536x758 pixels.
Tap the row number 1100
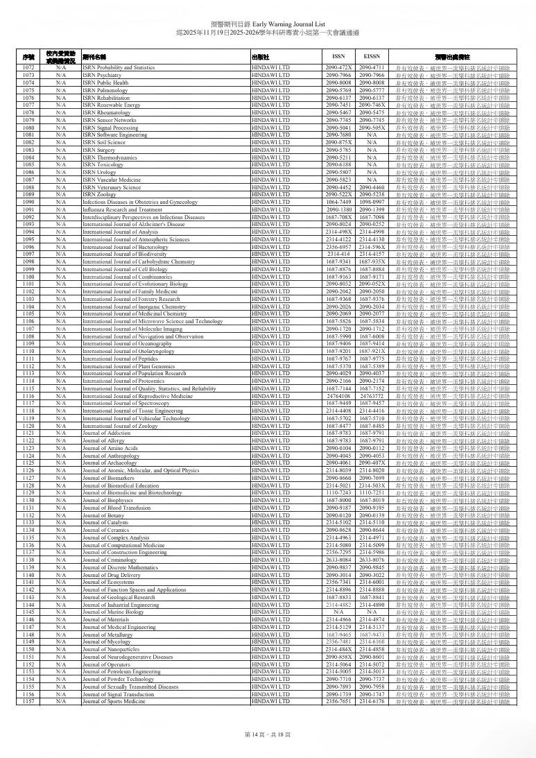click(x=28, y=277)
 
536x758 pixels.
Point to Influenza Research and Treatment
click(x=122, y=209)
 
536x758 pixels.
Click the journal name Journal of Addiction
click(x=105, y=433)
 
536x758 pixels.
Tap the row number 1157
click(x=28, y=702)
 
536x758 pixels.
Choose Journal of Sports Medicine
click(x=114, y=702)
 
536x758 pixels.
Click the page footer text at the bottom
click(x=268, y=734)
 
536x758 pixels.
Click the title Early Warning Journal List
click(x=268, y=24)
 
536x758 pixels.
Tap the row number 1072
click(x=28, y=68)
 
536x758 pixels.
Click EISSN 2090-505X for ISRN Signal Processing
click(x=372, y=128)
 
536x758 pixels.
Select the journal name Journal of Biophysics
click(x=107, y=500)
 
